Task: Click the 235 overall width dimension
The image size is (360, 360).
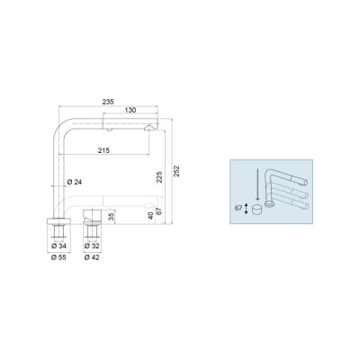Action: tap(108, 102)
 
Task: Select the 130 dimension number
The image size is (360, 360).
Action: tap(130, 110)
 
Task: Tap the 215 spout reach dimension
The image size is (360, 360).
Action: tap(103, 150)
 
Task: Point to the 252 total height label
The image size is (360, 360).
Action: tap(176, 171)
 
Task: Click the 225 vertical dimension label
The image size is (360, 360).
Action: tap(159, 177)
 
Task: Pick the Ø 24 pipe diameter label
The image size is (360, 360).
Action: tap(75, 182)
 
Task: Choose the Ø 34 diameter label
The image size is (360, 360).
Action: tap(58, 247)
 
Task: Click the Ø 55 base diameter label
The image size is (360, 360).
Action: tap(58, 257)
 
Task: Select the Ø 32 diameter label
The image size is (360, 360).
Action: tap(92, 247)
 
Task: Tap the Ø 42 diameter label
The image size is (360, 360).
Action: tap(92, 257)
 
